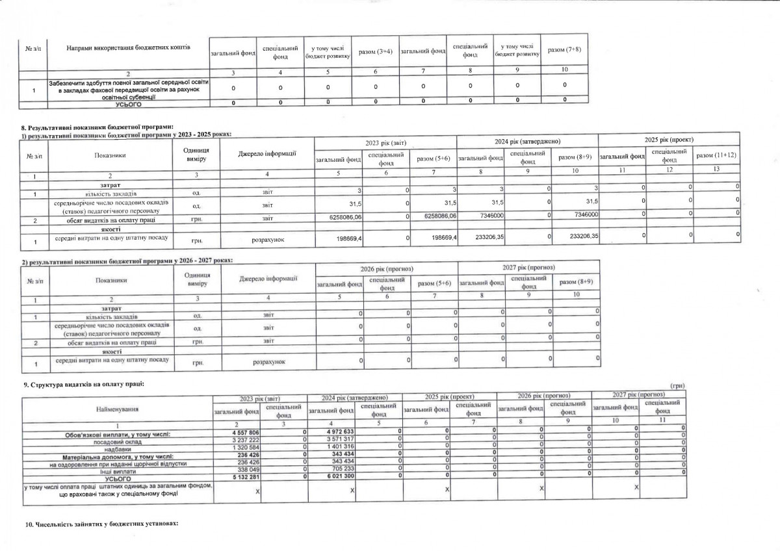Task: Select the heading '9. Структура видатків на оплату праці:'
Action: click(84, 385)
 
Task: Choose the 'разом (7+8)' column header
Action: click(564, 50)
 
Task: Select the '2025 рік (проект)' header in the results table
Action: click(669, 140)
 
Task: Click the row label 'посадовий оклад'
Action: click(118, 440)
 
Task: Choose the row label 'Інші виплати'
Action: click(118, 470)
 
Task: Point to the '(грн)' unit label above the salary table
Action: click(676, 386)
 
